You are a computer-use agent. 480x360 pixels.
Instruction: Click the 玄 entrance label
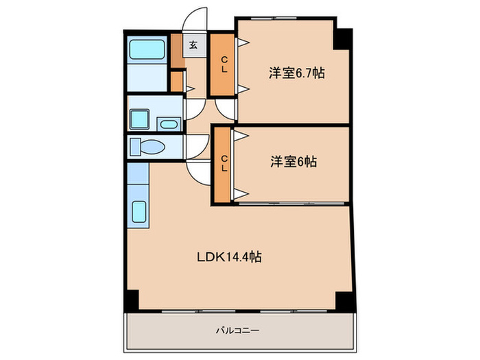(193, 45)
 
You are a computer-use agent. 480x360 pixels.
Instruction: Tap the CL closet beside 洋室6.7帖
(223, 65)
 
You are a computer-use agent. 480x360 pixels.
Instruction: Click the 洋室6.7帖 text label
(296, 72)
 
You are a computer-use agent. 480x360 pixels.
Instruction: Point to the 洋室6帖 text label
(293, 162)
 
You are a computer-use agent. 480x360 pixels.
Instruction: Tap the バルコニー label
(237, 331)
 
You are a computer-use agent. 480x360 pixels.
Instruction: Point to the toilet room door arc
(198, 146)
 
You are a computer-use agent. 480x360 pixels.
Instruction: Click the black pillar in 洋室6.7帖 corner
(341, 38)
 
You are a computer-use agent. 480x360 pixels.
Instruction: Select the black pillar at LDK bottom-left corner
(131, 300)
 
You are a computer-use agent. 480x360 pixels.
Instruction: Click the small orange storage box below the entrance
(176, 81)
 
